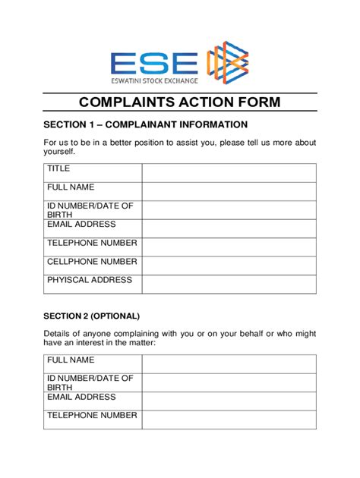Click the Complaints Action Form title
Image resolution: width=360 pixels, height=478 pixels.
point(179,102)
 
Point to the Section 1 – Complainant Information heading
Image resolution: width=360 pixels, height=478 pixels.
point(145,124)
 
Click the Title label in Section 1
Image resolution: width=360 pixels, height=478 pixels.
point(58,168)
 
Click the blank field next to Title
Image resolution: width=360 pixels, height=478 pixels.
point(229,172)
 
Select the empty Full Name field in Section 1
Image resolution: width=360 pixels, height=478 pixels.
point(229,191)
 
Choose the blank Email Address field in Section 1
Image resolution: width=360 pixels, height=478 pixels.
point(229,228)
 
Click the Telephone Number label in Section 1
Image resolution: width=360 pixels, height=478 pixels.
point(92,243)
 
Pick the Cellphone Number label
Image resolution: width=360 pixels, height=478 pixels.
point(92,262)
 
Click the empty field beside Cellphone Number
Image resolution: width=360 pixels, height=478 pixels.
point(229,266)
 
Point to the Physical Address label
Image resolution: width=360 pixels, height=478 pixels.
point(90,280)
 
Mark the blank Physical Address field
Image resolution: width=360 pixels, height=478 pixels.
point(229,284)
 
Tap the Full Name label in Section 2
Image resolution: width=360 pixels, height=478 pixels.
point(71,360)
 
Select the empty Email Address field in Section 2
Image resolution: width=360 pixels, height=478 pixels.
point(229,401)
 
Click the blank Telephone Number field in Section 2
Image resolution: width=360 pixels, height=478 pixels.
point(229,420)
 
